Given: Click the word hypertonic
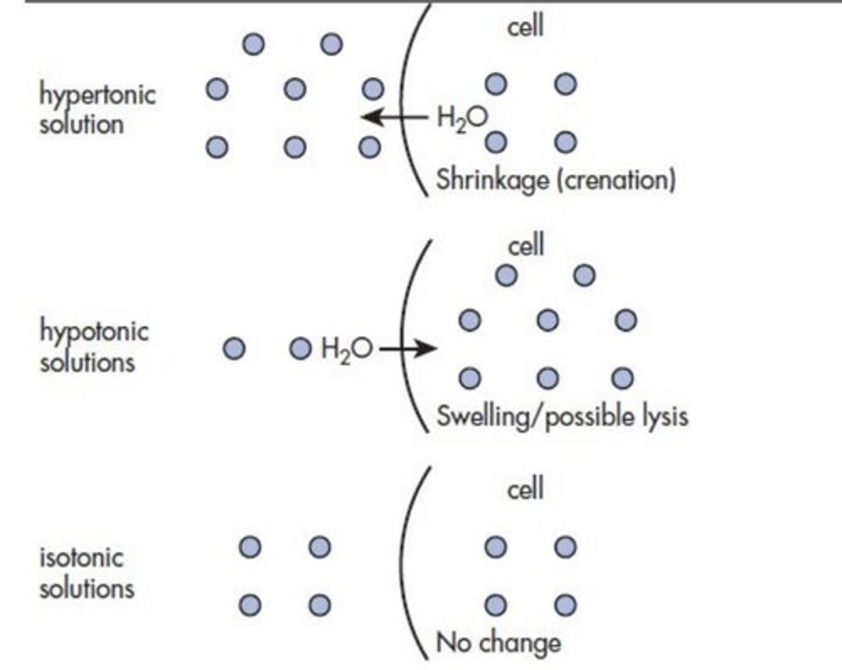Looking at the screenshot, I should pyautogui.click(x=97, y=95).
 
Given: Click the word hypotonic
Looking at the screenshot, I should pyautogui.click(x=94, y=331).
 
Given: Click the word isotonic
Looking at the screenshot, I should pyautogui.click(x=81, y=557).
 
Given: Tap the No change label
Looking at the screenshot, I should pyautogui.click(x=498, y=643).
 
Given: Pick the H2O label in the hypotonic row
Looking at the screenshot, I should pyautogui.click(x=346, y=350).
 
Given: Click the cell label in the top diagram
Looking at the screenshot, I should pyautogui.click(x=525, y=26).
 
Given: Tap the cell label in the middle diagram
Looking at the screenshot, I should pyautogui.click(x=526, y=245).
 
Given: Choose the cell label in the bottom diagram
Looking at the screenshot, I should pyautogui.click(x=525, y=488).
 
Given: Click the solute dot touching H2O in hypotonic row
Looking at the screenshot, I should pyautogui.click(x=301, y=349).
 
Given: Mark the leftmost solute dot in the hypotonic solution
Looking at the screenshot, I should pyautogui.click(x=234, y=349).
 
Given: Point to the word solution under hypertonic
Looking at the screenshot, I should pyautogui.click(x=81, y=125).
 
